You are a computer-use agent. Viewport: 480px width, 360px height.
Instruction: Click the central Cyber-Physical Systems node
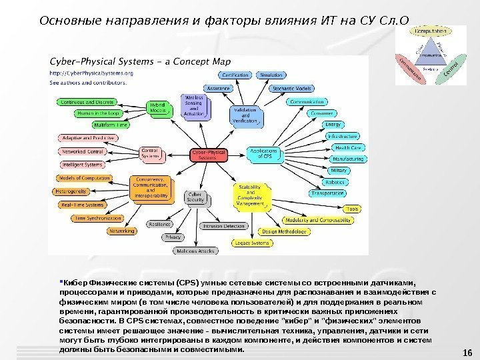(x=209, y=154)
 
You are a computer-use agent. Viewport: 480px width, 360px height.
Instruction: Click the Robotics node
(x=334, y=182)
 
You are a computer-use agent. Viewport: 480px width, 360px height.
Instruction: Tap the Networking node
(x=121, y=231)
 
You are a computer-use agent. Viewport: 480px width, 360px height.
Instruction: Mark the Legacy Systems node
(x=251, y=243)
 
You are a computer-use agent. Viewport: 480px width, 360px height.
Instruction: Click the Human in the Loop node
(x=83, y=113)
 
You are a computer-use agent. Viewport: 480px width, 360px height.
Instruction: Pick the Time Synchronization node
(x=98, y=217)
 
